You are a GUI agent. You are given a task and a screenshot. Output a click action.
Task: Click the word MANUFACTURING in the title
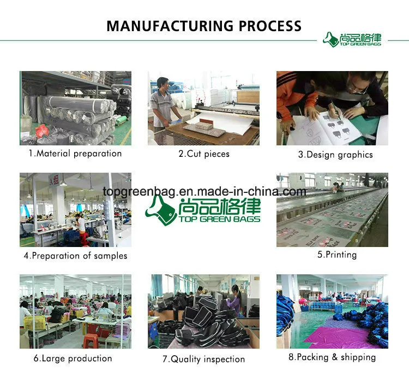[170, 26]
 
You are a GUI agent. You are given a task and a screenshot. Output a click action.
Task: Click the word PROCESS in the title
[270, 26]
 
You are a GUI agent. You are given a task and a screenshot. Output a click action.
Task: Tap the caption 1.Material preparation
[75, 154]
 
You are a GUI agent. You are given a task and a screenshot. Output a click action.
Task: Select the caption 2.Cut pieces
[204, 154]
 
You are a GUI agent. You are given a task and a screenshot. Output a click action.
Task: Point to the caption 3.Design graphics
[335, 155]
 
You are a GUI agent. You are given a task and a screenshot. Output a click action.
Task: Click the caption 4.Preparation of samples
[75, 256]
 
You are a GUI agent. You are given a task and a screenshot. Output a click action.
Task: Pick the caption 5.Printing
[337, 255]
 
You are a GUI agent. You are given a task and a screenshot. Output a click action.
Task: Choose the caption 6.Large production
[73, 358]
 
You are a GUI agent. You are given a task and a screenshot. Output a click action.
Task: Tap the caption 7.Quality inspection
[204, 359]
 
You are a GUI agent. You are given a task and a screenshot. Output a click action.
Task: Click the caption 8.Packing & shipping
[332, 357]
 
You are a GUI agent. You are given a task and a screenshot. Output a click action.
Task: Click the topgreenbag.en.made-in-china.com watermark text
[204, 192]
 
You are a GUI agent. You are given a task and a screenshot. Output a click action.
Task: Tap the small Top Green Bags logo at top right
[352, 39]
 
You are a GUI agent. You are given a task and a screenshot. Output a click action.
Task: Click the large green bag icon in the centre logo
[160, 211]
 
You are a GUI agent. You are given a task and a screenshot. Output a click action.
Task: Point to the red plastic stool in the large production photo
[91, 340]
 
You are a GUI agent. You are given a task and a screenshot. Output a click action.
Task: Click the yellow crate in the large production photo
[35, 322]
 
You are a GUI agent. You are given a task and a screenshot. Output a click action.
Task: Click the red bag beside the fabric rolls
[42, 131]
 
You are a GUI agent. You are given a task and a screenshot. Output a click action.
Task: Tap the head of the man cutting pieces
[163, 84]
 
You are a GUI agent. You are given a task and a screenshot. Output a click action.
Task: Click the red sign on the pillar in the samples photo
[54, 179]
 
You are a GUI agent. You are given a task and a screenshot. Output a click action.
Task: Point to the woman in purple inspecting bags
[235, 301]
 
